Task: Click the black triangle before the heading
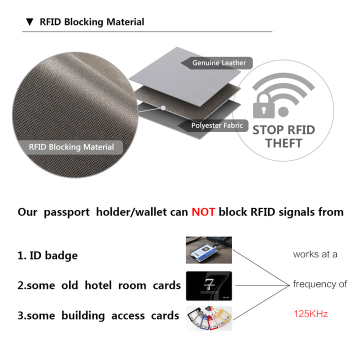pos(29,22)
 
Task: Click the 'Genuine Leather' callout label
pos(217,63)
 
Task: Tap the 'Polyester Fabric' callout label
pos(213,125)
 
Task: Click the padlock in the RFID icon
pos(263,106)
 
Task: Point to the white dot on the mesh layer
pos(163,108)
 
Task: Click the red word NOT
pos(203,212)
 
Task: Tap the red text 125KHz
pos(310,314)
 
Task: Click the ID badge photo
pos(209,250)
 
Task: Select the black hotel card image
pos(209,286)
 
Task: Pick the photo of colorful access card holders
pos(209,318)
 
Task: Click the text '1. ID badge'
pos(48,255)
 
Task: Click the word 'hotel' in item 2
pos(98,285)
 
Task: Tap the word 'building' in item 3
pos(83,315)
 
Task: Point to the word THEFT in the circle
pos(284,143)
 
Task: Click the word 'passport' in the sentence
pos(66,212)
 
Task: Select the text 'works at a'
pos(315,254)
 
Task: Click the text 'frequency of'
pos(320,284)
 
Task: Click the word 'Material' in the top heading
pos(125,22)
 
